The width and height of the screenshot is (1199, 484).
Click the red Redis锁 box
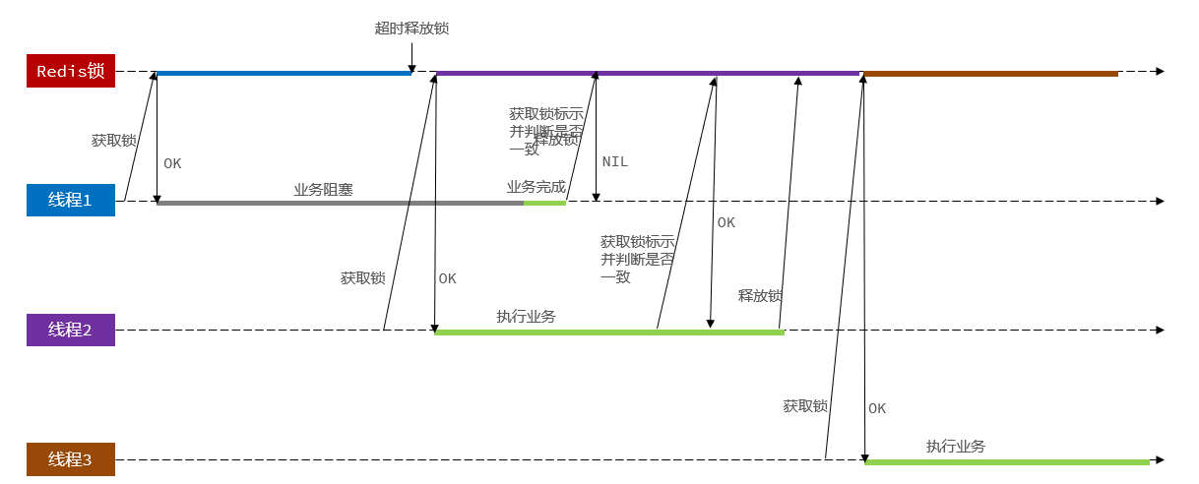(x=71, y=72)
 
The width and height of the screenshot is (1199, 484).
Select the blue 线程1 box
(x=71, y=200)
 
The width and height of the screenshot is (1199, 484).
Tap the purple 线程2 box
(x=71, y=330)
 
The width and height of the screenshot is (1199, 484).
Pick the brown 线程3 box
(x=71, y=459)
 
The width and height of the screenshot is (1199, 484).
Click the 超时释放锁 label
(x=411, y=29)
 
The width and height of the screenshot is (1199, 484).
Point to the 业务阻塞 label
(x=323, y=190)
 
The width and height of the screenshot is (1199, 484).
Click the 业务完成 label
(x=536, y=187)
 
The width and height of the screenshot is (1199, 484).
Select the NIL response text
(x=614, y=161)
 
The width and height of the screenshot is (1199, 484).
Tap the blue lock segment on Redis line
(x=284, y=73)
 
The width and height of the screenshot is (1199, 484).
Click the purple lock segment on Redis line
(x=647, y=73)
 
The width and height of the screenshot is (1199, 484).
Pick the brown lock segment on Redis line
(x=990, y=73)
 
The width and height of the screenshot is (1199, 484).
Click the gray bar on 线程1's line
(x=340, y=203)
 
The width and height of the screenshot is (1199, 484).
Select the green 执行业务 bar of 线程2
(x=608, y=333)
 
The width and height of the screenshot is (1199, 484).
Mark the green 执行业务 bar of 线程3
(x=1006, y=461)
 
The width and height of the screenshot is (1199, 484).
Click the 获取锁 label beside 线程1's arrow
(x=113, y=141)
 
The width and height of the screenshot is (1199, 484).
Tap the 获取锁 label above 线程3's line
(x=805, y=406)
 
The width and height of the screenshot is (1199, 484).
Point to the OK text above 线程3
(x=877, y=408)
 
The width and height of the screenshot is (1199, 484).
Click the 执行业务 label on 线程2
(x=526, y=317)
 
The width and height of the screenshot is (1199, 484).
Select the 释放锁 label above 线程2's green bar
(x=760, y=296)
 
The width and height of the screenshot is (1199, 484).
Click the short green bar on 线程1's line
(x=544, y=203)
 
